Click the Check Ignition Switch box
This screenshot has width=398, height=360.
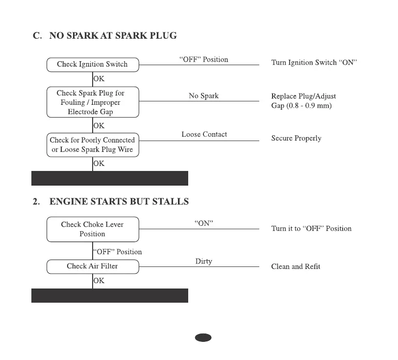pos(93,64)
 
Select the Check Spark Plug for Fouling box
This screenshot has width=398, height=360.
pos(93,102)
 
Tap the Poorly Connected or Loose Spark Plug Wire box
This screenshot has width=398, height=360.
pos(93,145)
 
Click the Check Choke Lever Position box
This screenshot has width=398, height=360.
pos(93,229)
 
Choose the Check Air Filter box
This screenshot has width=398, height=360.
pos(93,266)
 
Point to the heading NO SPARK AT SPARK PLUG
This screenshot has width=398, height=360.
pos(113,36)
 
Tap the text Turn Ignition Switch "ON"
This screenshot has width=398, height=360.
pos(314,63)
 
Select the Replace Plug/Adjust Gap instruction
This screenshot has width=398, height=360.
pos(303,101)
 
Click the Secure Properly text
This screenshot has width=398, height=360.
pos(296,139)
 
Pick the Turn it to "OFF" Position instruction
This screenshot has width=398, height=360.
pos(311,229)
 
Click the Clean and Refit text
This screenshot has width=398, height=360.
pos(296,266)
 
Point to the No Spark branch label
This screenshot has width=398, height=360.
pos(203,96)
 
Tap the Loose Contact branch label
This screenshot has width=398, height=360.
pos(204,134)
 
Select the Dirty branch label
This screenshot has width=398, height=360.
pos(203,262)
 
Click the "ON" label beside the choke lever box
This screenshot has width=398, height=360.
pos(204,223)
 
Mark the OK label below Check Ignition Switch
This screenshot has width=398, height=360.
pos(99,78)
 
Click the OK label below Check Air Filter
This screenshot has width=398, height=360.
pos(99,281)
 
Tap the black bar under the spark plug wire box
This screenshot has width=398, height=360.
pos(110,178)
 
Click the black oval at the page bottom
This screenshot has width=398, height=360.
pos(203,337)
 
